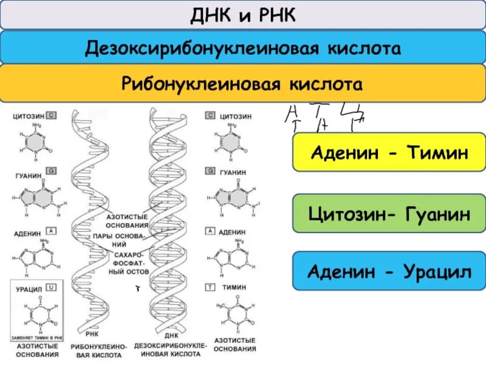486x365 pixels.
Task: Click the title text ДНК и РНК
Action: tap(243, 15)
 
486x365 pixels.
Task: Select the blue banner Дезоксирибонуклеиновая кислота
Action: tap(243, 47)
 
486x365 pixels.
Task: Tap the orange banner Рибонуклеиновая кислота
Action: tap(243, 83)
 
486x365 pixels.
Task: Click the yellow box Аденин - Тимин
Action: tap(389, 152)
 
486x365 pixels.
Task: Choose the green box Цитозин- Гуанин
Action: tap(389, 213)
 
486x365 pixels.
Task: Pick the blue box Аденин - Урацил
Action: tap(389, 271)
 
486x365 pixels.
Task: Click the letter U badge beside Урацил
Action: tap(53, 285)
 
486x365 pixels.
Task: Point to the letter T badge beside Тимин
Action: tap(210, 285)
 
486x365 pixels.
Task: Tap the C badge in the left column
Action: tap(53, 114)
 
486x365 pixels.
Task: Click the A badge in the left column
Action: tap(53, 231)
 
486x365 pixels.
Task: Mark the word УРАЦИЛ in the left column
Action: tap(29, 285)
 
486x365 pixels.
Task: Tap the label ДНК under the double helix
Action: tap(171, 334)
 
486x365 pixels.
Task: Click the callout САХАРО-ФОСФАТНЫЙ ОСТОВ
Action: tap(127, 263)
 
